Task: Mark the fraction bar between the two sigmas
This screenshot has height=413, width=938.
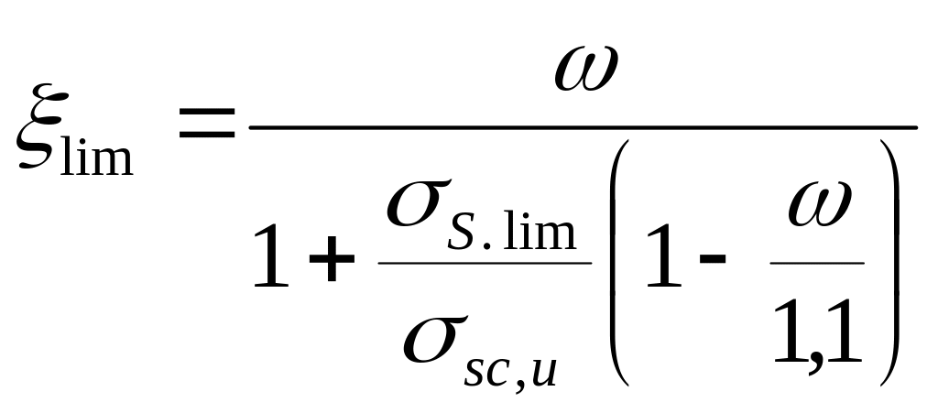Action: tap(484, 264)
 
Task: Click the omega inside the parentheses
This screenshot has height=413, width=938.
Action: tap(819, 205)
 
